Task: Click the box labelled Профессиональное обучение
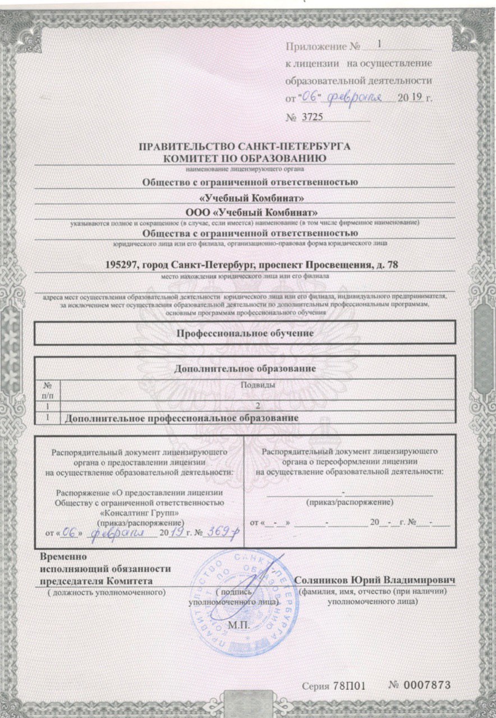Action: (x=245, y=333)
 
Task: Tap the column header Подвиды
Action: (x=258, y=385)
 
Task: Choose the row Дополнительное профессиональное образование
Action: (x=181, y=418)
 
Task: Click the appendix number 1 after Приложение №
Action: (x=379, y=44)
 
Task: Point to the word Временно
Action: (x=62, y=557)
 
